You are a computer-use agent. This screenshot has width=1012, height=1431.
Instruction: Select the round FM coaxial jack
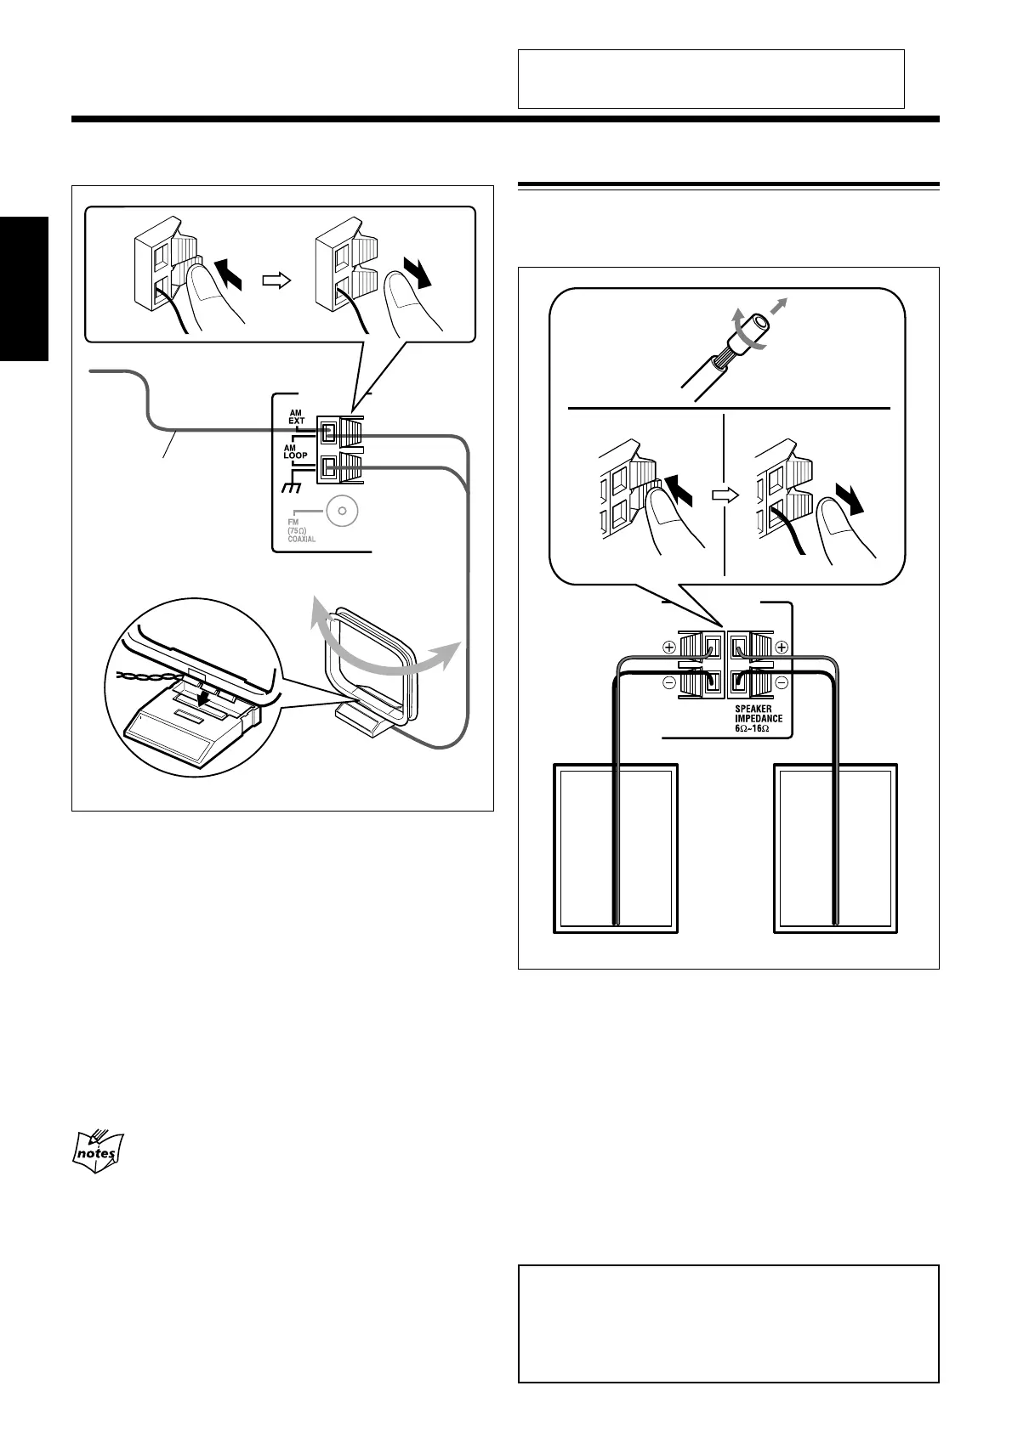342,512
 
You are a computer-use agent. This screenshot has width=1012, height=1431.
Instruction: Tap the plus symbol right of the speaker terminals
782,647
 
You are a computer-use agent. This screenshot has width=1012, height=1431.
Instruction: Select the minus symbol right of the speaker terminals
782,682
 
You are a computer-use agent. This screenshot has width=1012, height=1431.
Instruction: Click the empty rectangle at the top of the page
710,79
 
